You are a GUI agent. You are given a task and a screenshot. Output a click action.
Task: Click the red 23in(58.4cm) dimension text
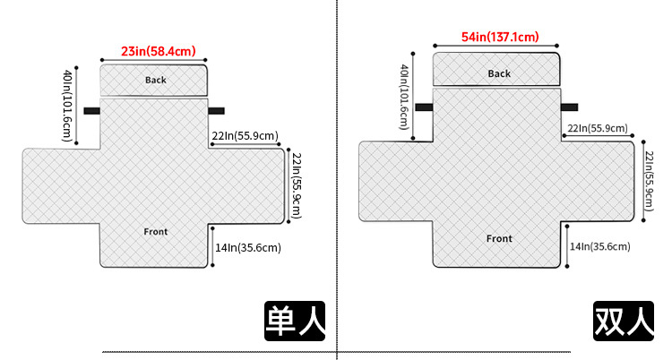click(158, 51)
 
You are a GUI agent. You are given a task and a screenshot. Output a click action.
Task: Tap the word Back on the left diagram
click(156, 81)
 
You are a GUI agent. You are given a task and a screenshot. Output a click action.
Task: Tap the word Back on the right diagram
click(499, 73)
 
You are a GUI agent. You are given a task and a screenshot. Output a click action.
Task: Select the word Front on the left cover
click(156, 232)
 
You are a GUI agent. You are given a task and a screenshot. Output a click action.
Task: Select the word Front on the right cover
click(499, 239)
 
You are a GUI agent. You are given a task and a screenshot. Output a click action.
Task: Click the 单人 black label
click(294, 320)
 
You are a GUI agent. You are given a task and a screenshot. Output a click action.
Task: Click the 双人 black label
click(624, 321)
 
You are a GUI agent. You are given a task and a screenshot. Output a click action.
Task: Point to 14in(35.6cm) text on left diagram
click(248, 248)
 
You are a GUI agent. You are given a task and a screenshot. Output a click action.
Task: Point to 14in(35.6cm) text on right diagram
click(599, 246)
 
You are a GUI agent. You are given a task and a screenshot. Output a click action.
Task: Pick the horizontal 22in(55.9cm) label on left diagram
click(245, 136)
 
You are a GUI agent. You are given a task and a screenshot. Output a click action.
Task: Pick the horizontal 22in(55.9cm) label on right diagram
click(597, 129)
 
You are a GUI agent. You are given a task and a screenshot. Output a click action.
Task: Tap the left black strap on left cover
click(90, 111)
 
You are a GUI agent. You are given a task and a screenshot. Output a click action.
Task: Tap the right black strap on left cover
click(216, 111)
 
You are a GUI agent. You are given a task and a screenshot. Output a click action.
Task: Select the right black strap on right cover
click(570, 107)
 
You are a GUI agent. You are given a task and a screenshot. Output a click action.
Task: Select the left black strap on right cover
click(424, 107)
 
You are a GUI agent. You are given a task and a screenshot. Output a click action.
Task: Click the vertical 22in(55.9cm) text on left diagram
click(297, 186)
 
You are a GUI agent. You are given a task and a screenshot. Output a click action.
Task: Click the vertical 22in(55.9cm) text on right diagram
click(649, 178)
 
